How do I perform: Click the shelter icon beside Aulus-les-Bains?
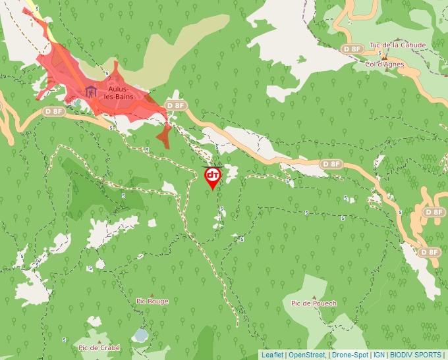(91, 91)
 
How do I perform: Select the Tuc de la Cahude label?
(397, 45)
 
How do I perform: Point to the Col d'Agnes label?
(385, 64)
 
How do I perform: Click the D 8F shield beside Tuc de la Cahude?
(352, 49)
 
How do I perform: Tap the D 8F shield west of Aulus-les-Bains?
(55, 111)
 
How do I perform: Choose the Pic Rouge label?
(152, 301)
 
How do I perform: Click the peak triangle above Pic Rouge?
(153, 295)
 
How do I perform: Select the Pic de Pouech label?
(314, 303)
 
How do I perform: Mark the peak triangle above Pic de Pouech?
(314, 296)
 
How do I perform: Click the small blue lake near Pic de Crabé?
(140, 335)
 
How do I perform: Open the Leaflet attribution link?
(272, 355)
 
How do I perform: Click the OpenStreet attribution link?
(306, 355)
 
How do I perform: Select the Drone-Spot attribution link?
(350, 355)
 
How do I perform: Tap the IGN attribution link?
(379, 355)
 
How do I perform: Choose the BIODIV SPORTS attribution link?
(416, 355)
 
